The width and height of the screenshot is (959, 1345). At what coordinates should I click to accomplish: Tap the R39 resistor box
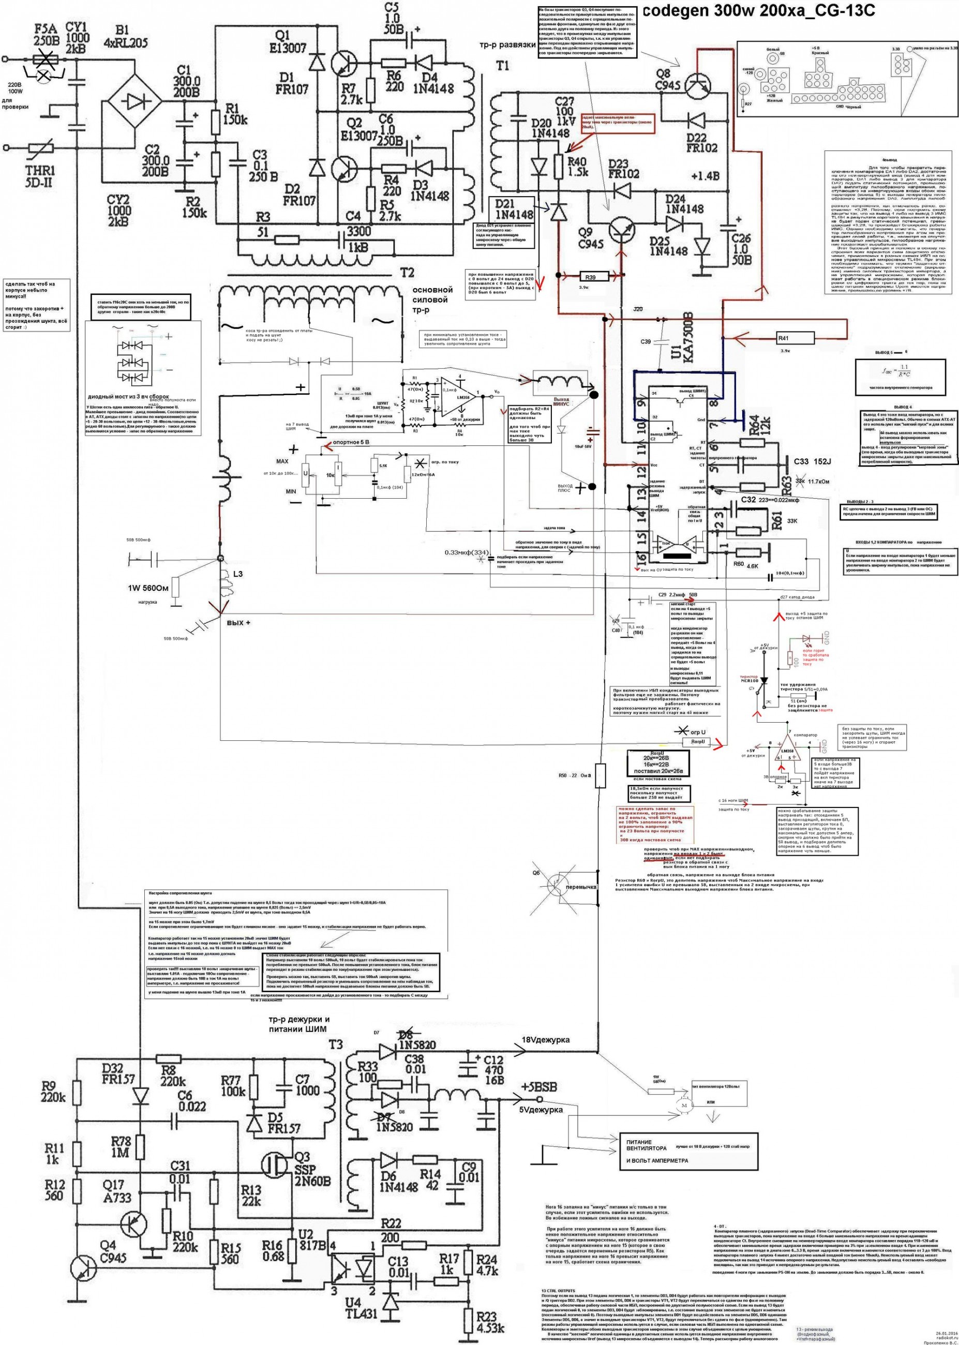589,276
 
